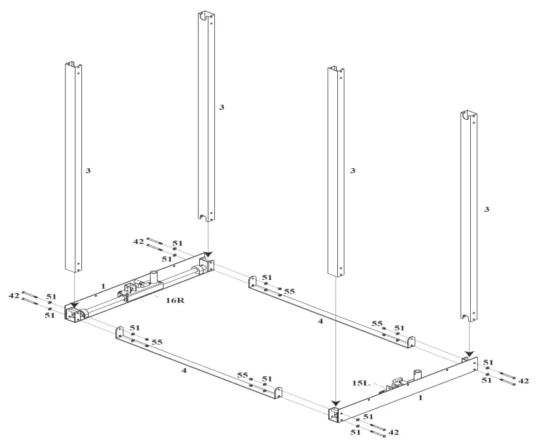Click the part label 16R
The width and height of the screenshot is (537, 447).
pos(175,300)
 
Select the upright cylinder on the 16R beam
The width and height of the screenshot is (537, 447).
pos(153,277)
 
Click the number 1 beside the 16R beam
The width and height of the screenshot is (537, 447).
pos(103,286)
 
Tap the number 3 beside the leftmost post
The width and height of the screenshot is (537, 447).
pos(88,171)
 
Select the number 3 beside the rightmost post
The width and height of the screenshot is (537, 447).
pos(486,208)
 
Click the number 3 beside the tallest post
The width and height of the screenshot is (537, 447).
pos(221,107)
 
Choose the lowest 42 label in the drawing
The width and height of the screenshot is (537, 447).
pos(394,432)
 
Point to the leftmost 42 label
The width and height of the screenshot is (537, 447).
pos(13,295)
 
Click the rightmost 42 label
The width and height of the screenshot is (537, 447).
pos(523,380)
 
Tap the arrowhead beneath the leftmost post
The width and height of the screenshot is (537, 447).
pos(74,306)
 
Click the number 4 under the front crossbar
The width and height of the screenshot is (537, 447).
pos(184,371)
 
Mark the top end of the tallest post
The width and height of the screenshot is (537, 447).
pos(208,14)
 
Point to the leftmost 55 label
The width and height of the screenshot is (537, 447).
pos(156,340)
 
